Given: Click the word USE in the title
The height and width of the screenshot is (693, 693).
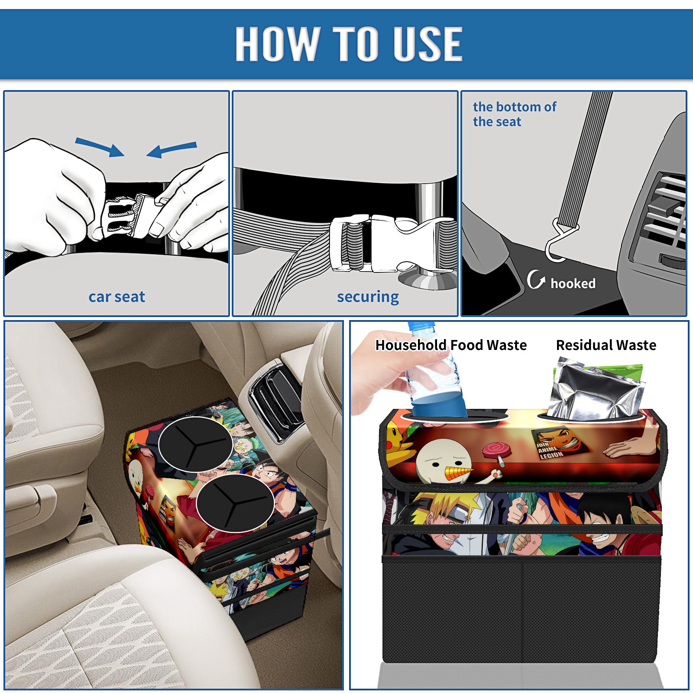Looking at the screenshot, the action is pos(427,43).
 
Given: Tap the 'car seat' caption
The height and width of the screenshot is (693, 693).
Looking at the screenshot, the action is pos(117,297).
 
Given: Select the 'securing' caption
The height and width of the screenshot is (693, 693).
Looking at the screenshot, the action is pos(368,297).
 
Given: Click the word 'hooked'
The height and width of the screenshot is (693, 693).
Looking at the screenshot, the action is pos(573,283).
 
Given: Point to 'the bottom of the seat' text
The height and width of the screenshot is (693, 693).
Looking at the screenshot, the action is pos(514,114).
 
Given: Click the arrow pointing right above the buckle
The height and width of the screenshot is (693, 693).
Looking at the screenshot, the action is pos(100,147).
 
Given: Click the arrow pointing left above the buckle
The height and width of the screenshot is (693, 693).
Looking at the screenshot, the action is pos(172,149).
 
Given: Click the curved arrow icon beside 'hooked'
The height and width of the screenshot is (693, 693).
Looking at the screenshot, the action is pos(535,280).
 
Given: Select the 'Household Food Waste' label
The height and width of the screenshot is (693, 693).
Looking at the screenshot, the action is pos(451,345).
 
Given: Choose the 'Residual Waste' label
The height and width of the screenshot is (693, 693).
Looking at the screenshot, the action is pos(606,345).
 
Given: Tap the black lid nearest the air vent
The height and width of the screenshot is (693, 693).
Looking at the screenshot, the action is pos(195,444).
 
